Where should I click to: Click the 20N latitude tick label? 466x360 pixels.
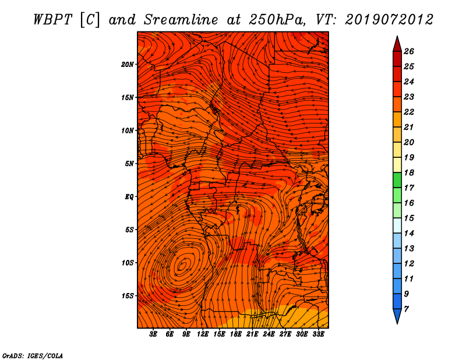(x=128, y=65)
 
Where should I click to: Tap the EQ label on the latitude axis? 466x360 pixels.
(x=129, y=197)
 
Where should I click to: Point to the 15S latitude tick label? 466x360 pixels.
(x=128, y=296)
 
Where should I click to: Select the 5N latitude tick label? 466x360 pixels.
(x=129, y=164)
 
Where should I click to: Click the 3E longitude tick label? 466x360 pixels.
(x=153, y=334)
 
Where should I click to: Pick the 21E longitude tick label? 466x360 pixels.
(x=252, y=334)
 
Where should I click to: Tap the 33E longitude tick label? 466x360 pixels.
(x=318, y=334)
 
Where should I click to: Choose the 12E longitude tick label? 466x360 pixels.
(x=202, y=334)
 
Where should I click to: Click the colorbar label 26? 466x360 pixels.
(x=409, y=51)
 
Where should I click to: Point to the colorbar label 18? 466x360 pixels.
(x=409, y=172)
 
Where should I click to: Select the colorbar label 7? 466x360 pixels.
(x=406, y=309)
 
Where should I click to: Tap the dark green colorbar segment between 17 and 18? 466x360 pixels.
(x=397, y=180)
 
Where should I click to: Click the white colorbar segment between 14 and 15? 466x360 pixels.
(x=397, y=225)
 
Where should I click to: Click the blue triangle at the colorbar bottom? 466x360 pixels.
(x=397, y=315)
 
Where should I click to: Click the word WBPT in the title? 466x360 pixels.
(x=52, y=20)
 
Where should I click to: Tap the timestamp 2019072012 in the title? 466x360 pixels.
(x=389, y=20)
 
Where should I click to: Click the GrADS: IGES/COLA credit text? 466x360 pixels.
(x=33, y=356)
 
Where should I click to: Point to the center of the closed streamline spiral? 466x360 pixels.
(x=182, y=265)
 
